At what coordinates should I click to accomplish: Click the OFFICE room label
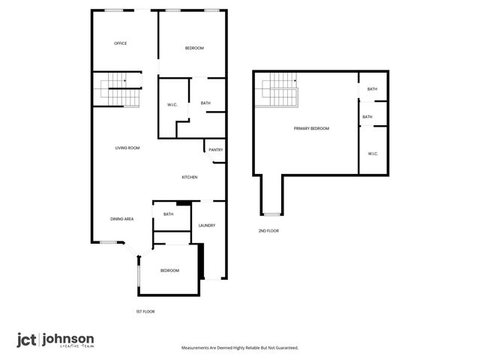coord(120,43)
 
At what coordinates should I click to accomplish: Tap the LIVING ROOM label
coord(127,148)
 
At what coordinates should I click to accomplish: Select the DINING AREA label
coord(122,218)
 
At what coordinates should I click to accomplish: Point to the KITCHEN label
coord(190,177)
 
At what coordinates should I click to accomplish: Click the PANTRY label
coord(216,150)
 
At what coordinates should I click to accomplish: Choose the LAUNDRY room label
coord(207,225)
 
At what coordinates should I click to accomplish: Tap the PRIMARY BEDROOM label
coord(311,129)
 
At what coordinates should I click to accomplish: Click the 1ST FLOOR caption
coord(145,311)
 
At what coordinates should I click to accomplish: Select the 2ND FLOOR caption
coord(268,231)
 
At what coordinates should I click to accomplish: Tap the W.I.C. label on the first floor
coord(171,104)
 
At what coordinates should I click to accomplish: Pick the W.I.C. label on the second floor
coord(373,154)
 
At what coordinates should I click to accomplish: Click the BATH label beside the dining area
coord(168,214)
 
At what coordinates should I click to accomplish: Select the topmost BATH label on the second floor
coord(372,90)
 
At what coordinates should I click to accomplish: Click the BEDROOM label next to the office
coord(194,49)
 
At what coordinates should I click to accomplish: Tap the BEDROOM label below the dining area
coord(169,270)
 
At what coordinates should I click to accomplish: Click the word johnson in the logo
coord(67,338)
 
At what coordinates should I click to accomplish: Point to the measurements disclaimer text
coord(240,348)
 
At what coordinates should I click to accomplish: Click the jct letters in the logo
coord(28,339)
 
